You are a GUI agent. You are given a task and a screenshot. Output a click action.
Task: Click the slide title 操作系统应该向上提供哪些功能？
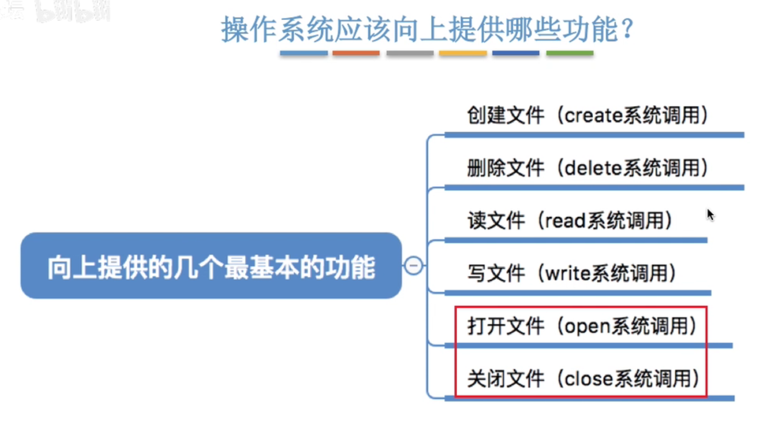tap(428, 29)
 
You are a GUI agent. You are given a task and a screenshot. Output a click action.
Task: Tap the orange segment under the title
tap(356, 53)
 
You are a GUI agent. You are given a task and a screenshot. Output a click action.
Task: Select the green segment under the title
tap(569, 53)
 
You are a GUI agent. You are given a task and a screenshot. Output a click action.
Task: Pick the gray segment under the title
tap(410, 53)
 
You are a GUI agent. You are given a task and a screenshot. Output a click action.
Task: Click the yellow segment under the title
tap(463, 53)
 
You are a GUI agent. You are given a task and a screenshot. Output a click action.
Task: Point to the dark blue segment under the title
tap(516, 53)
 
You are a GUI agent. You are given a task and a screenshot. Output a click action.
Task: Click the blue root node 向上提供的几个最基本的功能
tap(211, 266)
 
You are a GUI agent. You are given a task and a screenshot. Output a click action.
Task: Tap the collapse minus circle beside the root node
tap(414, 266)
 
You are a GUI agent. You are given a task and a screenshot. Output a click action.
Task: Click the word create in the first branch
tap(593, 116)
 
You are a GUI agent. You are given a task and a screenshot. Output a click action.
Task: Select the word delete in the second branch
tap(592, 168)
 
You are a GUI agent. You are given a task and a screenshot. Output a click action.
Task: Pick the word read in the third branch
tap(562, 221)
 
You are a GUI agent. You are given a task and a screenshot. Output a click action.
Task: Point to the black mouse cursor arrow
tap(710, 214)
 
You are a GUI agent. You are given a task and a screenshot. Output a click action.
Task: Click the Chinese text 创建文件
tap(498, 116)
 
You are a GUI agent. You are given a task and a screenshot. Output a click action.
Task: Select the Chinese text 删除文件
tap(498, 168)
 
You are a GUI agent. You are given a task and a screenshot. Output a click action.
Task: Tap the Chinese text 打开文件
tap(498, 326)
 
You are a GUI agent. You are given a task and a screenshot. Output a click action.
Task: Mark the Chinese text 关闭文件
tap(498, 379)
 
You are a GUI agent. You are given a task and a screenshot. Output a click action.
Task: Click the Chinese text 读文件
tap(489, 221)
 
